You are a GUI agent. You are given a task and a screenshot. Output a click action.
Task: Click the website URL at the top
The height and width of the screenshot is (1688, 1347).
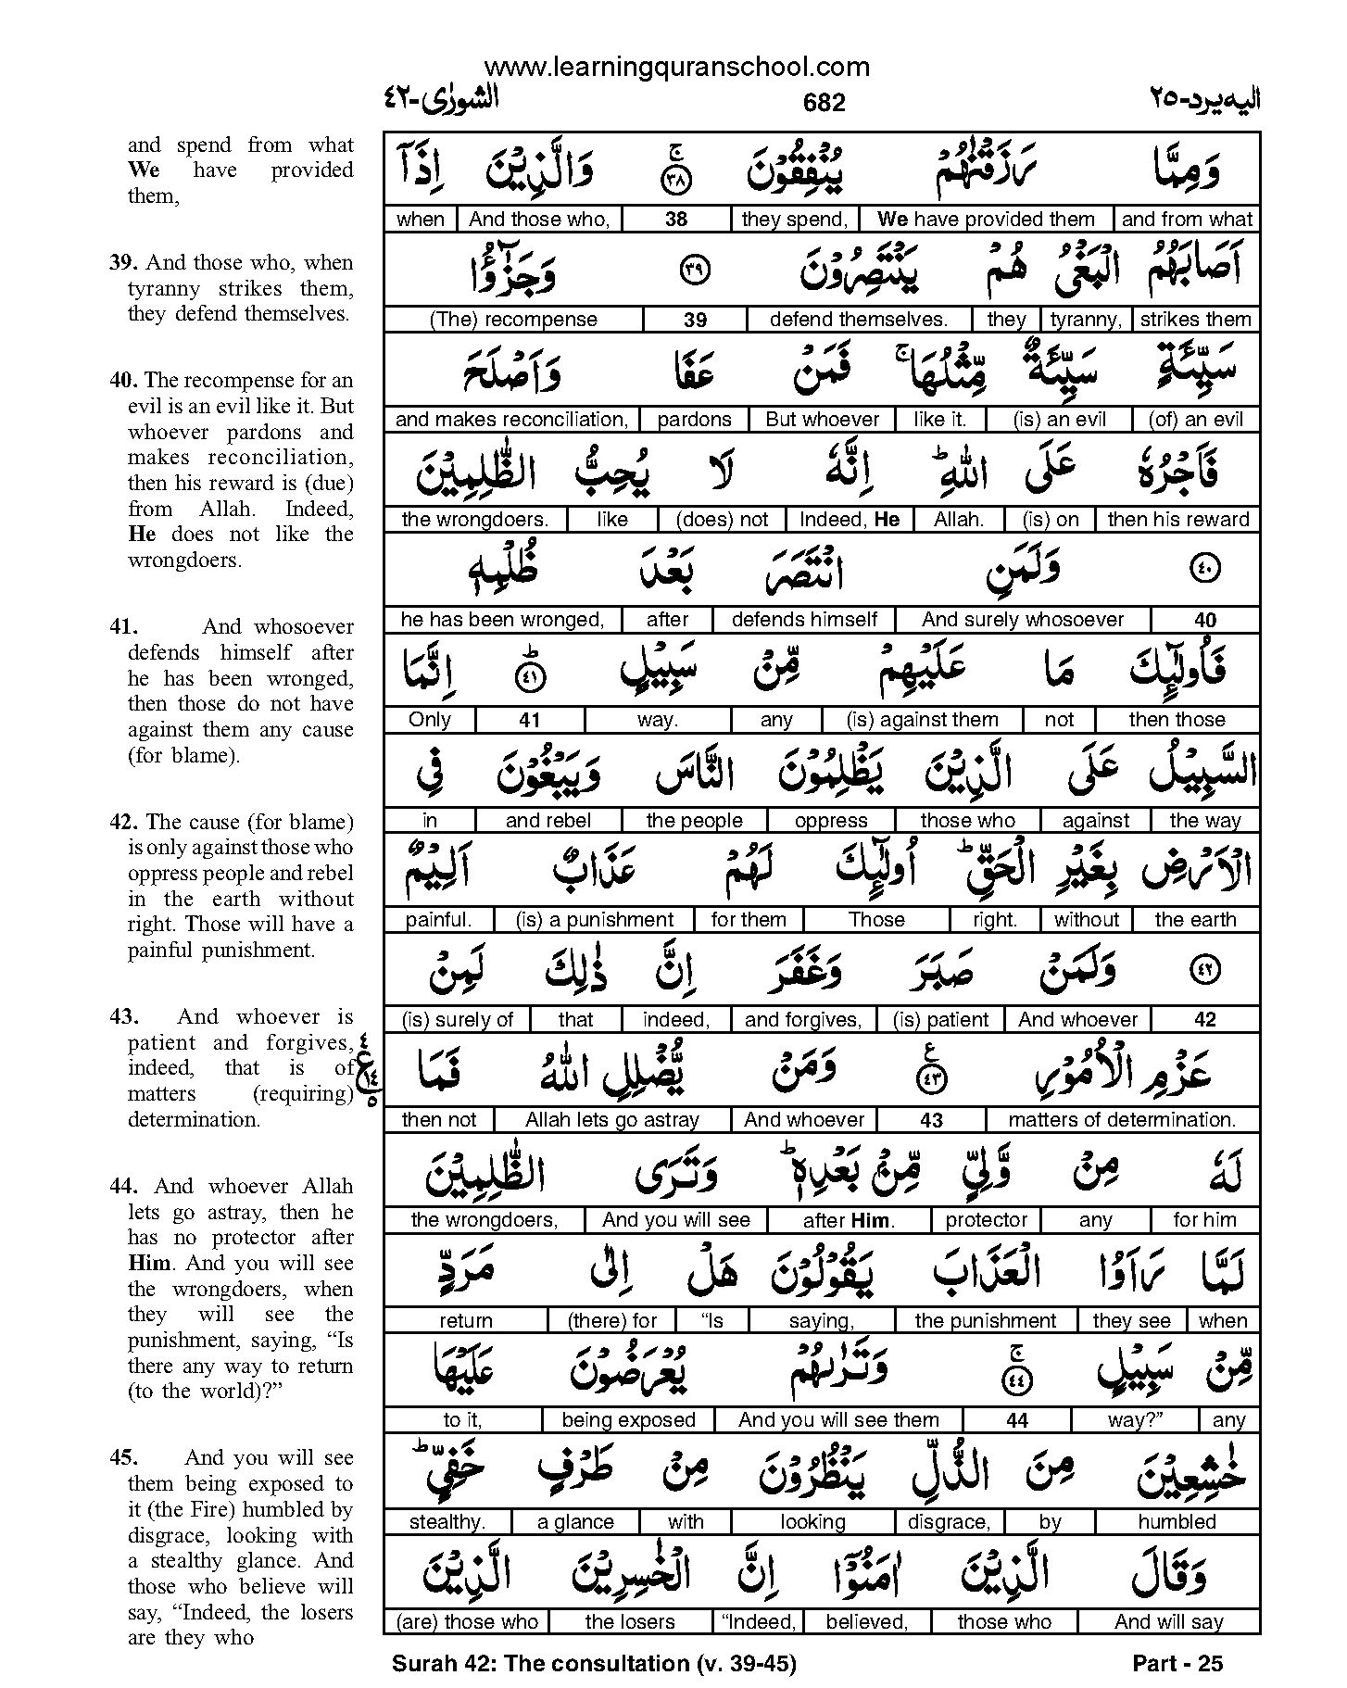676,67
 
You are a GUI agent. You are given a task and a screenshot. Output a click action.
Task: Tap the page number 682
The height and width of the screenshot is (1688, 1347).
825,103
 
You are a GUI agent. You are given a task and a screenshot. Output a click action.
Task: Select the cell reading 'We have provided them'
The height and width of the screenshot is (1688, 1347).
986,220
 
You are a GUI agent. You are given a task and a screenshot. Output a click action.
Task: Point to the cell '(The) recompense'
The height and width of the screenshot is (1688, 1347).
514,320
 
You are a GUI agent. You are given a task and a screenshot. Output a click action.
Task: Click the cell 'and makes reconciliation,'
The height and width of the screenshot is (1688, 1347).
511,420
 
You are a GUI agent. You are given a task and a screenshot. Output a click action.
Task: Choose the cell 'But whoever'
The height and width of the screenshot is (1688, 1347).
822,420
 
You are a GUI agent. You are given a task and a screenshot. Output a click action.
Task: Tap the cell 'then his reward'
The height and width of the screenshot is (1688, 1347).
1177,520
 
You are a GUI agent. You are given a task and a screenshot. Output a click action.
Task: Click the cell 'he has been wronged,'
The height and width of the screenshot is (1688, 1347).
502,620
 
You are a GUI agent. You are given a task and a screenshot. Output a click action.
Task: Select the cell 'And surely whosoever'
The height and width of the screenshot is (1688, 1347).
1023,620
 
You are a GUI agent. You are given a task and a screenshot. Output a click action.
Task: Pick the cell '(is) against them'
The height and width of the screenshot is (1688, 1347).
922,720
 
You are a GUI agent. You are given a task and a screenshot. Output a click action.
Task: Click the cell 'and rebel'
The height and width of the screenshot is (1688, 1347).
548,820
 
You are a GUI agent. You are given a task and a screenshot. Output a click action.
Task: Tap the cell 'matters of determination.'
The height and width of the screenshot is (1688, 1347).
1122,1120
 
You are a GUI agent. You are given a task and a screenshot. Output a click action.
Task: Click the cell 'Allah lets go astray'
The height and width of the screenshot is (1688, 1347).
611,1120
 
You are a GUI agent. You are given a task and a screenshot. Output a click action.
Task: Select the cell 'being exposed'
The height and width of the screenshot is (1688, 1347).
628,1420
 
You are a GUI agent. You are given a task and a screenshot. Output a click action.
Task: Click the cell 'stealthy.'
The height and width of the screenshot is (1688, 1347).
447,1521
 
